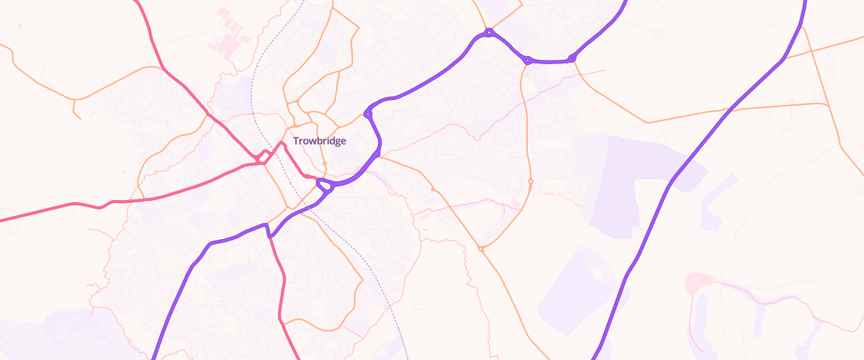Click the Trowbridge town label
(x=319, y=141)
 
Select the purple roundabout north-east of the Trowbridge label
(x=368, y=113)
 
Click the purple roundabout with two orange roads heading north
(x=489, y=32)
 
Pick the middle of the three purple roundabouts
(x=528, y=60)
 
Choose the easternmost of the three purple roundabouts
(x=572, y=58)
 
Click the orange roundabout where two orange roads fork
(x=433, y=189)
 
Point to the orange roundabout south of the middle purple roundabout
(x=531, y=181)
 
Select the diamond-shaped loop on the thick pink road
(x=264, y=156)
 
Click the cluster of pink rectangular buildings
(x=229, y=32)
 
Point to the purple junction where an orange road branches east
(x=377, y=154)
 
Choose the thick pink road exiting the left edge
(x=43, y=210)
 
